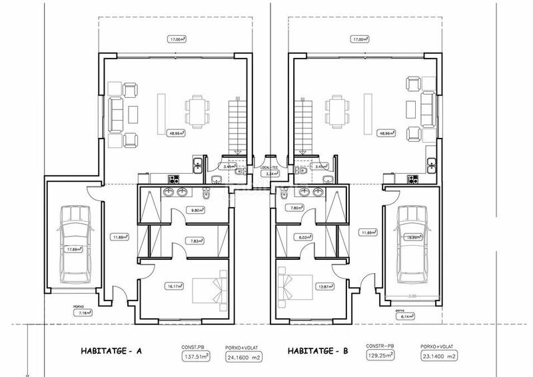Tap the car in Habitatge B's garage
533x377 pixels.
point(409,246)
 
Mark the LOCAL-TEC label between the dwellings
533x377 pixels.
point(269,168)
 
